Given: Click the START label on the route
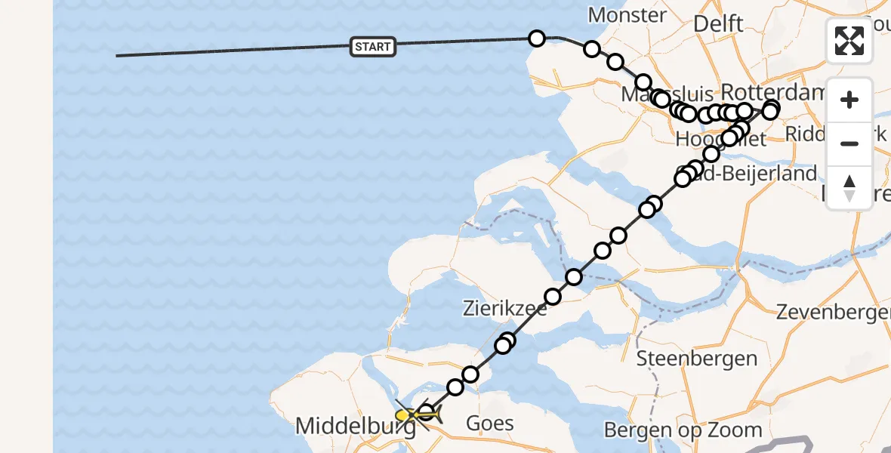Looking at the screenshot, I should coord(373,47).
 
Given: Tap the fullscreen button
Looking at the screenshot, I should coord(849,41).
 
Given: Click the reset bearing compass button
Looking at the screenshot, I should coord(849,188).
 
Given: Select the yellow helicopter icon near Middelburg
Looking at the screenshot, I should coord(408,415).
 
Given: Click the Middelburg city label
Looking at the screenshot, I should coord(355,427).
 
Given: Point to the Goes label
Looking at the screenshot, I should coord(489,424).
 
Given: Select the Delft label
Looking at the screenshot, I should coord(718,23).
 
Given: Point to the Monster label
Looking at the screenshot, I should coord(627,15).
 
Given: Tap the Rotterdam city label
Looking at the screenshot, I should coord(770,92).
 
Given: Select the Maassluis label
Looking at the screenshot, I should coord(667,94).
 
